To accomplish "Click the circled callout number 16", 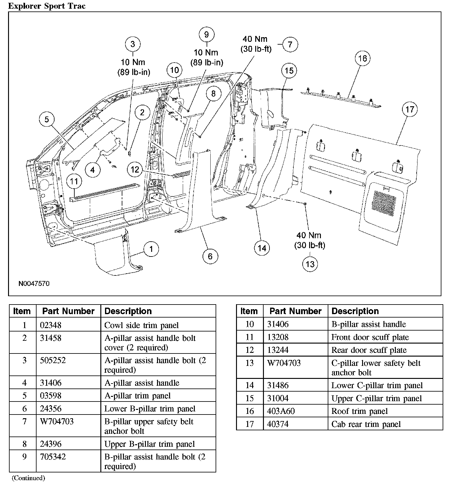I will coord(362,58).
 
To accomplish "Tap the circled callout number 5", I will coord(47,120).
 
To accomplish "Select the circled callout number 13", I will coord(310,264).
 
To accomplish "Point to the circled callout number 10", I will coord(175,70).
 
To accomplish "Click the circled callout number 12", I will coord(135,169).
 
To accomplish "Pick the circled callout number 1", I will coord(151,249).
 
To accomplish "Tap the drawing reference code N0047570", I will coord(34,283).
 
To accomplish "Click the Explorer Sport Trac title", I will coord(47,6).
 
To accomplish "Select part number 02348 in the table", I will coord(50,325).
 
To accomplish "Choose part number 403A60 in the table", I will coord(281,411).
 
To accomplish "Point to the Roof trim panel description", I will coord(359,411).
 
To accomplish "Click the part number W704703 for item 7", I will coord(57,421).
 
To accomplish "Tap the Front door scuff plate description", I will coord(370,337).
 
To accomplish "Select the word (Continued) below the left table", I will coord(28,478).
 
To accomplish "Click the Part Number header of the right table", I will coord(295,311).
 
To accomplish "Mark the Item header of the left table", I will coord(22,311).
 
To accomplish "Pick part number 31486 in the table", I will coord(278,385).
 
